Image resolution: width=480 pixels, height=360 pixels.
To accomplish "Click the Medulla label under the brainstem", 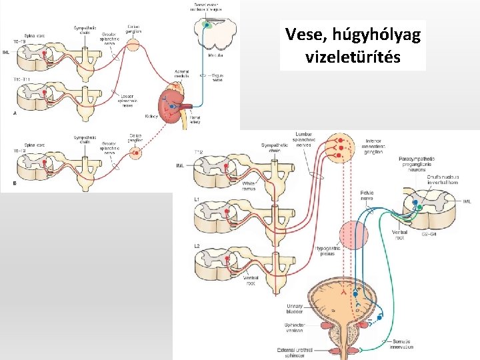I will (215, 56).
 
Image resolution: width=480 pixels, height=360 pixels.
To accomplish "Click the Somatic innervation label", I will (401, 345).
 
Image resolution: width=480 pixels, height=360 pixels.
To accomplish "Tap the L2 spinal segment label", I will (197, 247).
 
